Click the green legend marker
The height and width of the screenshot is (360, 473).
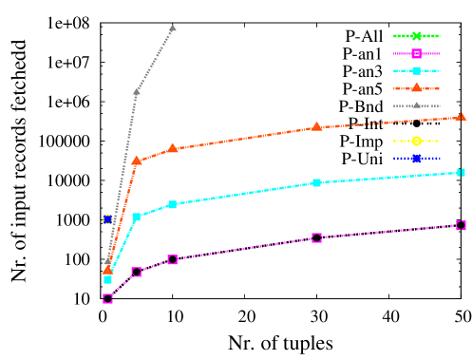pyautogui.click(x=416, y=36)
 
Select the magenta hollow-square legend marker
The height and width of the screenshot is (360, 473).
pyautogui.click(x=416, y=54)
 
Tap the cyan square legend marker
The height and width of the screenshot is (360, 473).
pyautogui.click(x=416, y=71)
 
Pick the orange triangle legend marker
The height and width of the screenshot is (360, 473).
pyautogui.click(x=416, y=87)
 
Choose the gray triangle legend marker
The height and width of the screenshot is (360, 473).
pyautogui.click(x=416, y=105)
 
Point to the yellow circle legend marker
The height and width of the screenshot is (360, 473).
pyautogui.click(x=416, y=141)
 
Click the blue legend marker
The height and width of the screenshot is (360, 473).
pyautogui.click(x=416, y=159)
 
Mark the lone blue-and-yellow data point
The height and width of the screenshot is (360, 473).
pyautogui.click(x=108, y=219)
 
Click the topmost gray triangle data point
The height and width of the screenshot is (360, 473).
pyautogui.click(x=172, y=28)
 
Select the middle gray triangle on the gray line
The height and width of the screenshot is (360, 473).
pyautogui.click(x=137, y=92)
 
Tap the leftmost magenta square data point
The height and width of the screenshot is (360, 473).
pyautogui.click(x=107, y=298)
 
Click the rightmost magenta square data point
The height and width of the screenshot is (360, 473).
pyautogui.click(x=461, y=225)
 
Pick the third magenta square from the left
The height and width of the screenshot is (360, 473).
pyautogui.click(x=172, y=259)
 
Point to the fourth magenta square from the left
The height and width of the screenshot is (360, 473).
pyautogui.click(x=316, y=237)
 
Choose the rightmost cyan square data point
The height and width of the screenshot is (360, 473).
pyautogui.click(x=461, y=172)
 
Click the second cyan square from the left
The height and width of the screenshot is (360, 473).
pyautogui.click(x=137, y=217)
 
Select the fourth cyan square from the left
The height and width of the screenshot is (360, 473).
pyautogui.click(x=316, y=182)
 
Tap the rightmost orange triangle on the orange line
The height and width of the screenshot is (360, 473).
pyautogui.click(x=461, y=117)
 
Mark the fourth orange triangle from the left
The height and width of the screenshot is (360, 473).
pyautogui.click(x=316, y=126)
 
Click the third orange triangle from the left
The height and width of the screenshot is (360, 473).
pyautogui.click(x=172, y=148)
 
